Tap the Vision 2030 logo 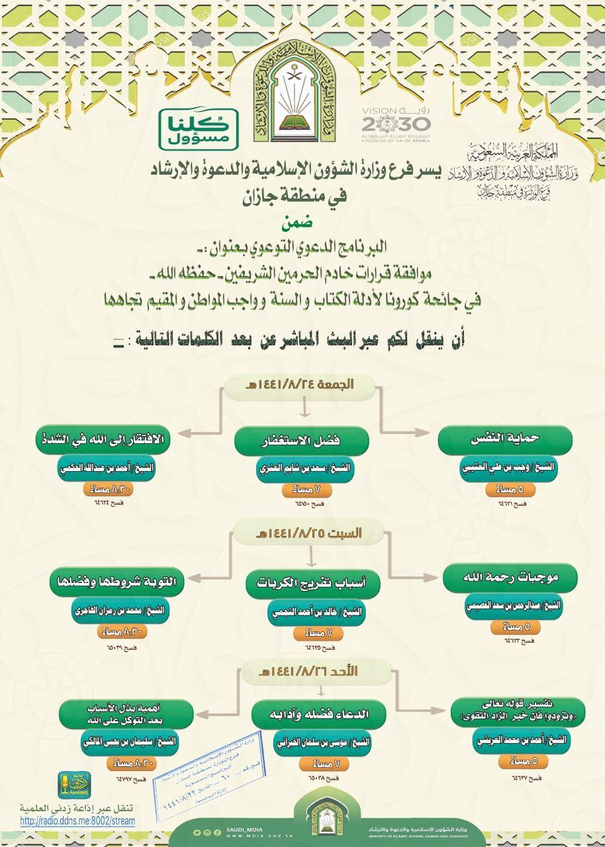(395, 123)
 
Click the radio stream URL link (77, 821)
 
